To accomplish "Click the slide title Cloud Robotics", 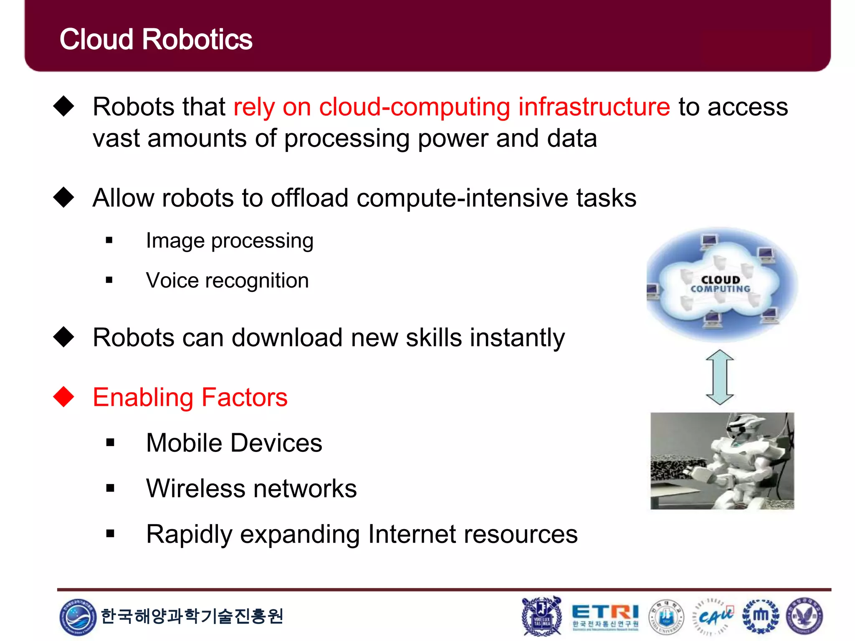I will [x=156, y=40].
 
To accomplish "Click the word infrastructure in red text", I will [x=594, y=107].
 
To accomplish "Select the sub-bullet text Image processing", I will [x=230, y=241].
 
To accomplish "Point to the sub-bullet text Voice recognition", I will [x=227, y=280].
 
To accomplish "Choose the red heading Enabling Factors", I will [x=190, y=397].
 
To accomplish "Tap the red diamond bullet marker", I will [x=64, y=396].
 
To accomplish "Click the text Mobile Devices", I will [x=234, y=443].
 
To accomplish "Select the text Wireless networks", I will [x=251, y=488].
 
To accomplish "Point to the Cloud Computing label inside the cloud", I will [x=720, y=284].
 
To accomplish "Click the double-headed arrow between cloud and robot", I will [x=720, y=377].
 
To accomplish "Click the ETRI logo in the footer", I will [x=605, y=615].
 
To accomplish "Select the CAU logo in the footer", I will [x=713, y=616].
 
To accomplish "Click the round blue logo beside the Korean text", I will [x=77, y=616].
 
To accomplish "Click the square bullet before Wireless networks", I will [x=110, y=488].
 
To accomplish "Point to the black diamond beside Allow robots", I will [x=64, y=197].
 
